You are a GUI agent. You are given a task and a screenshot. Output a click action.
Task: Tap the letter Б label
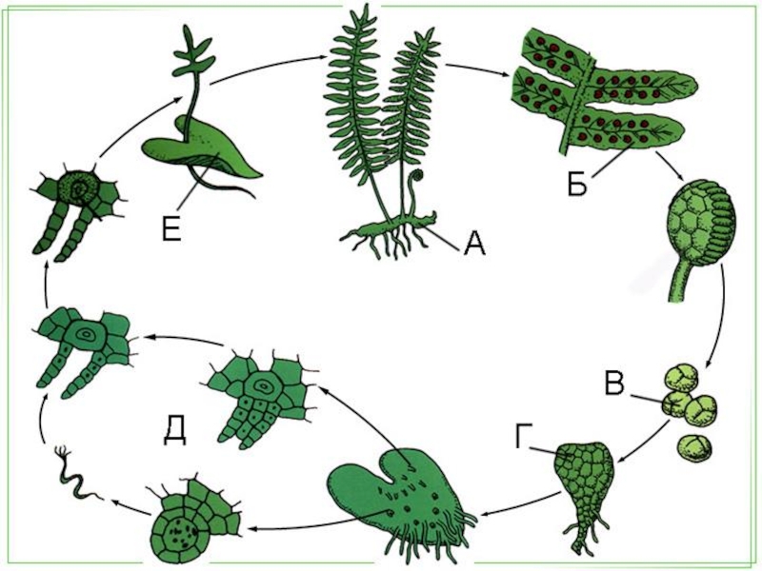576,184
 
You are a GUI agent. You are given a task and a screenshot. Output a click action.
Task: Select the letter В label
615,385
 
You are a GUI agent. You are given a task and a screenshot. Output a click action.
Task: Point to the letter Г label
522,438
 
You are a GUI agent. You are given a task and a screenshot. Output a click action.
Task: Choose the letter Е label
170,229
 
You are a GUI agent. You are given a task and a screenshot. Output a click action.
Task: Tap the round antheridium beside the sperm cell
190,519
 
